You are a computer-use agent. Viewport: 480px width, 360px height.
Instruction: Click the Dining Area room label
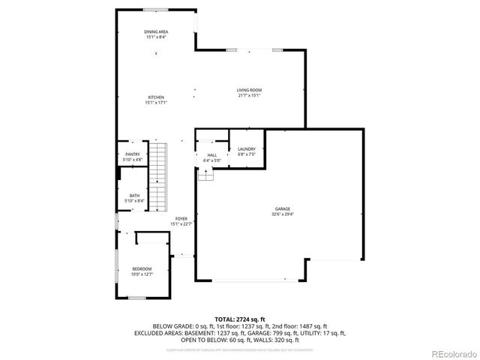(156, 31)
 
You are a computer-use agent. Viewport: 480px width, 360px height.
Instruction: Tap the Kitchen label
(156, 97)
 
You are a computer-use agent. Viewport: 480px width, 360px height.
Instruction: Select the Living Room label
(250, 90)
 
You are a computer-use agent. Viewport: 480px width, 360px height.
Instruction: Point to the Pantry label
(133, 154)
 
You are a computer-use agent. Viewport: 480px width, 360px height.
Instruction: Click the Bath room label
(133, 195)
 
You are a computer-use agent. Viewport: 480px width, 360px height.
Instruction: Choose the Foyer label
(181, 219)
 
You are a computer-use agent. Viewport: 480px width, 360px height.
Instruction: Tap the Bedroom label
(142, 268)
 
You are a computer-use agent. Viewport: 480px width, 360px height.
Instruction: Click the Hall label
(212, 155)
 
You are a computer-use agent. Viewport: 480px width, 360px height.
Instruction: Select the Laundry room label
(247, 149)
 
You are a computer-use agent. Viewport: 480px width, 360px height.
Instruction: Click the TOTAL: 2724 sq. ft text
(240, 319)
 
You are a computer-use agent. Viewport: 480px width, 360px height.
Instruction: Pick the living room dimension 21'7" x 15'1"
(250, 95)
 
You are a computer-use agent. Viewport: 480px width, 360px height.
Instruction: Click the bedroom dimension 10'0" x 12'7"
(142, 274)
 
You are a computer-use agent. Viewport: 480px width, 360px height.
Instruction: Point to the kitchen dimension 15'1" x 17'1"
(156, 103)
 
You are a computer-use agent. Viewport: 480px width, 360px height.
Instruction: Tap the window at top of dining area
(156, 10)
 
